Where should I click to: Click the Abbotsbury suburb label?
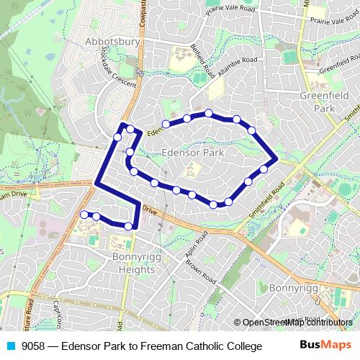point(112,41)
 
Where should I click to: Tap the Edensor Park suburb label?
point(194,153)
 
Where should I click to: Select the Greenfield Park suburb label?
point(318,101)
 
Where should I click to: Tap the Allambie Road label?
point(231,66)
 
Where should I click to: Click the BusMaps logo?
point(325,346)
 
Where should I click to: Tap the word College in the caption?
point(241,346)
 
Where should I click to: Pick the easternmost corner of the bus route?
point(277,157)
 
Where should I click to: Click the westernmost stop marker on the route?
point(84,214)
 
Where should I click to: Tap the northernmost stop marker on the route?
point(208,113)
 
